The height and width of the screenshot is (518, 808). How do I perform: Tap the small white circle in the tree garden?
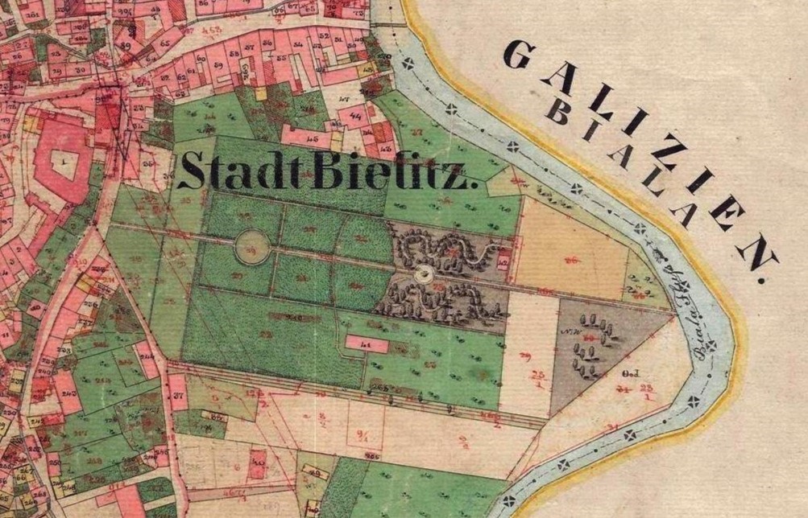[x=422, y=274]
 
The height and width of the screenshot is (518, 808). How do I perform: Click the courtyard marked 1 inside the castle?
[x=63, y=162]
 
